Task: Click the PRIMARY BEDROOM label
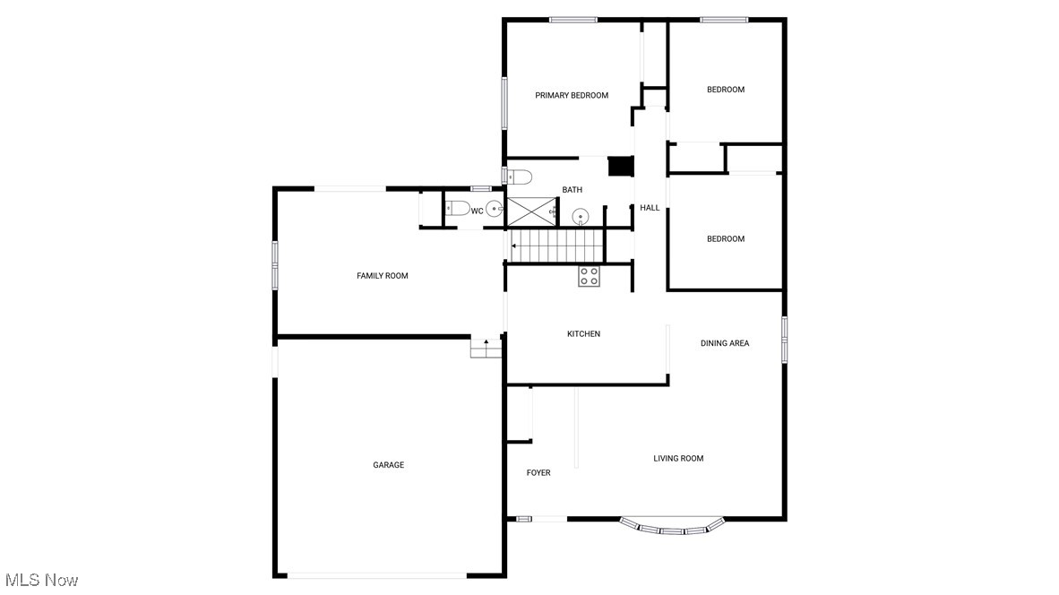click(x=572, y=95)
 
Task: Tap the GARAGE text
click(x=389, y=465)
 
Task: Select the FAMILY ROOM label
click(x=383, y=276)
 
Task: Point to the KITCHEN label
click(x=583, y=334)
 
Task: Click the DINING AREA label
click(x=725, y=343)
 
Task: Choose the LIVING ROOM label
click(x=678, y=459)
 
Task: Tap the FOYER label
click(x=538, y=473)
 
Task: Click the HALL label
click(x=650, y=208)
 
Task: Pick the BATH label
click(x=573, y=190)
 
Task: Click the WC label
click(x=478, y=211)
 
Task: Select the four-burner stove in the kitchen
click(x=589, y=276)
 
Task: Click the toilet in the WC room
click(x=457, y=209)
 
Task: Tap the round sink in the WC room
click(x=493, y=210)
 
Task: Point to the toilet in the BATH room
click(x=520, y=176)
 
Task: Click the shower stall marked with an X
click(x=531, y=211)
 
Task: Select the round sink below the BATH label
click(x=581, y=216)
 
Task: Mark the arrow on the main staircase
click(x=514, y=245)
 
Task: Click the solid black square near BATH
click(x=620, y=167)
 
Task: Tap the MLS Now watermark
click(x=41, y=580)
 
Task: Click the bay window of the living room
click(x=672, y=528)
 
